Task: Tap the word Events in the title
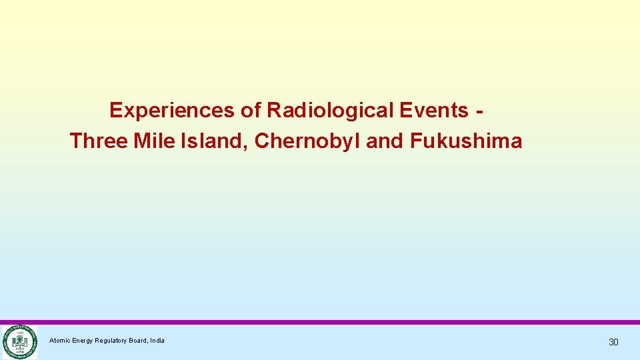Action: point(437,110)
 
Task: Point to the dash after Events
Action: point(480,111)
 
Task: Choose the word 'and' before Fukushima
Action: point(385,141)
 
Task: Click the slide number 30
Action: point(613,342)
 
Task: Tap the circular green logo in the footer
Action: point(19,342)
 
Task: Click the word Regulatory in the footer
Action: point(113,341)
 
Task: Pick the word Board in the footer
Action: point(140,341)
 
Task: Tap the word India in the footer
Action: point(157,341)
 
